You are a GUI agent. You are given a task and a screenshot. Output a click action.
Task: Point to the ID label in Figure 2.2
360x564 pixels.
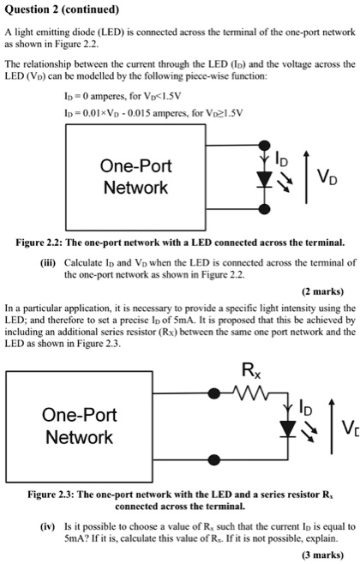click(282, 159)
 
